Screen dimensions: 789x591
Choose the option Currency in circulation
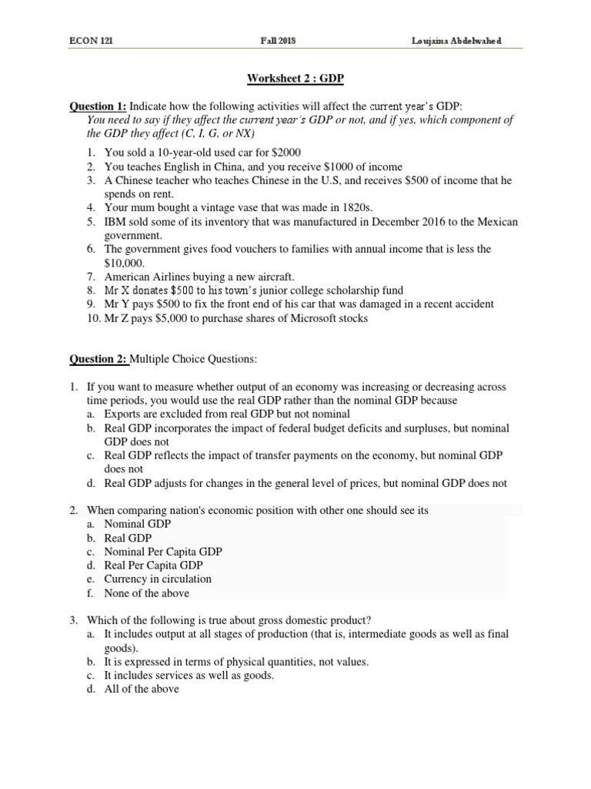pyautogui.click(x=158, y=579)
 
